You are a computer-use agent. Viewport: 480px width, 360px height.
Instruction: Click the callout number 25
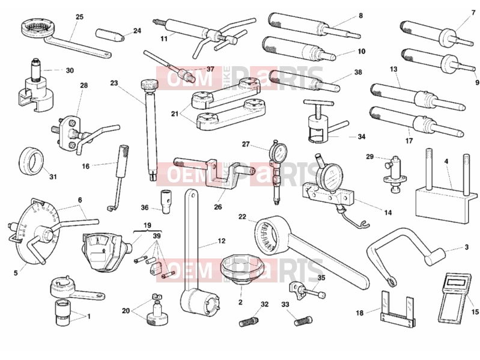[x=79, y=17]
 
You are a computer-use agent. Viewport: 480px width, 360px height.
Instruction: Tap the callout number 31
[x=53, y=177]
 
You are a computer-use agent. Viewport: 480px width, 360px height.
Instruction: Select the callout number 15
[x=475, y=312]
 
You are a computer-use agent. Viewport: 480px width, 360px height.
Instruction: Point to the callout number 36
[x=145, y=207]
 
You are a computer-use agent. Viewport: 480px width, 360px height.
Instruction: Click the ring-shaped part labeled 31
[x=31, y=161]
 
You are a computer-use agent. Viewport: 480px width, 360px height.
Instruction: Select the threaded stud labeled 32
[x=249, y=322]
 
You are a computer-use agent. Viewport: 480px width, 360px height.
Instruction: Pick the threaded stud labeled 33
[x=303, y=321]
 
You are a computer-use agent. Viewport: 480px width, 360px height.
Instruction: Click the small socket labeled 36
[x=165, y=202]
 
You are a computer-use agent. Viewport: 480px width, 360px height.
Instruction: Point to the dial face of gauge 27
[x=279, y=151]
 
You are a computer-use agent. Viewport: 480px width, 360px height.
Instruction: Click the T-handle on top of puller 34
[x=318, y=103]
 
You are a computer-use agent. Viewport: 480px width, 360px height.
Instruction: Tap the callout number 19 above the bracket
[x=147, y=225]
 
